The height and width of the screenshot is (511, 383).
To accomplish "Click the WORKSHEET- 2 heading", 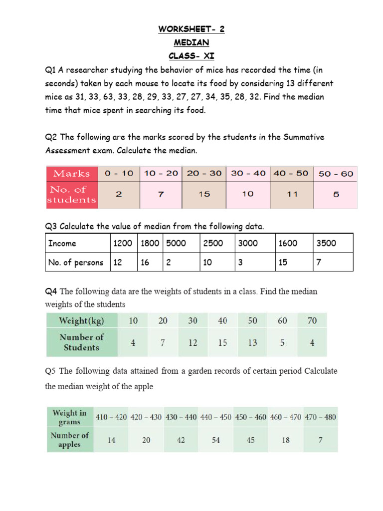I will coord(191,29).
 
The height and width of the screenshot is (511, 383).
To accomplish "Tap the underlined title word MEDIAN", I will coord(191,42).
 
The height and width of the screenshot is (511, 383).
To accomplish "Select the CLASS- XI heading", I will coord(191,56).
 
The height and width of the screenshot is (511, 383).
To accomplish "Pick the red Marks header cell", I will coord(72,174).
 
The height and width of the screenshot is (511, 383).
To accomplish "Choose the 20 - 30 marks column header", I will coord(204,174).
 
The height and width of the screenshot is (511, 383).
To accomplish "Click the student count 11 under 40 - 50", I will coord(291,194).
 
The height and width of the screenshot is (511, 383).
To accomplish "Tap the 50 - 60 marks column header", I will coord(336,174).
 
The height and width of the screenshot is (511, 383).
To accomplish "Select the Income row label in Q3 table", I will coord(62,243).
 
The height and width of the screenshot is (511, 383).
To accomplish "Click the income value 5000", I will coord(176,243).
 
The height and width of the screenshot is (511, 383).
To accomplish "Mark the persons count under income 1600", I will coord(283,262).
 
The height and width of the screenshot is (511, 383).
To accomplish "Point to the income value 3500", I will coord(326,243).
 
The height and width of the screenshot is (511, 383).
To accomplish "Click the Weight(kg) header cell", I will coord(81,320).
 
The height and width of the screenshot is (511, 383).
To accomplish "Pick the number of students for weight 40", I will coord(222,342).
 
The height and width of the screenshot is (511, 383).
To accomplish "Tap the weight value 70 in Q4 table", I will coord(312,320).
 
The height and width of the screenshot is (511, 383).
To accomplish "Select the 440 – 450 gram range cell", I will coord(216,417).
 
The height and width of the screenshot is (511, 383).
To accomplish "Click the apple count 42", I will coord(181,440).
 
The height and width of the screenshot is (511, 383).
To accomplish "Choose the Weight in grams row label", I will coord(69,417).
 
